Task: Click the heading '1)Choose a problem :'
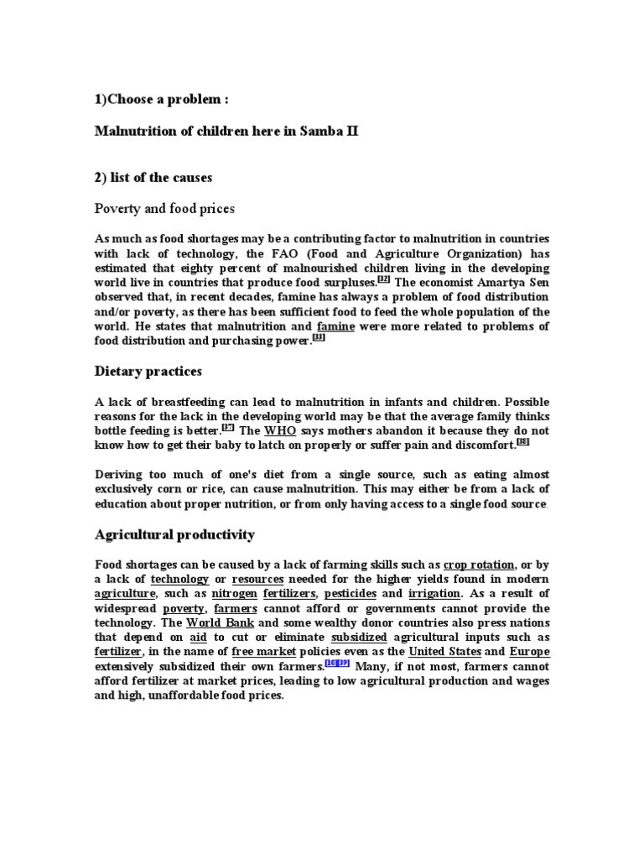click(162, 100)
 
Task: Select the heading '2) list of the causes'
click(153, 177)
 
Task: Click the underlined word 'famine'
click(335, 325)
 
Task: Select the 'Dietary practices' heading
click(148, 370)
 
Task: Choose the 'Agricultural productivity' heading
click(175, 534)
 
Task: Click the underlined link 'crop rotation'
click(479, 565)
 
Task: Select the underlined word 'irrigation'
click(436, 593)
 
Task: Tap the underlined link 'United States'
click(445, 651)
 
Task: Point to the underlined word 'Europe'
click(529, 651)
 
